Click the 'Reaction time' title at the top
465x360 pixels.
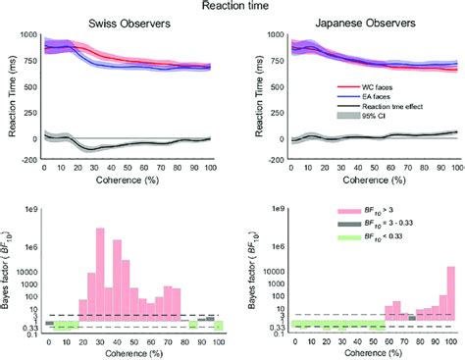[232, 7]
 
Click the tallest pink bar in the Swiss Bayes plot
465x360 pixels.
[100, 275]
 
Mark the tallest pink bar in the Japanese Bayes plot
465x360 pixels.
[450, 293]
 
